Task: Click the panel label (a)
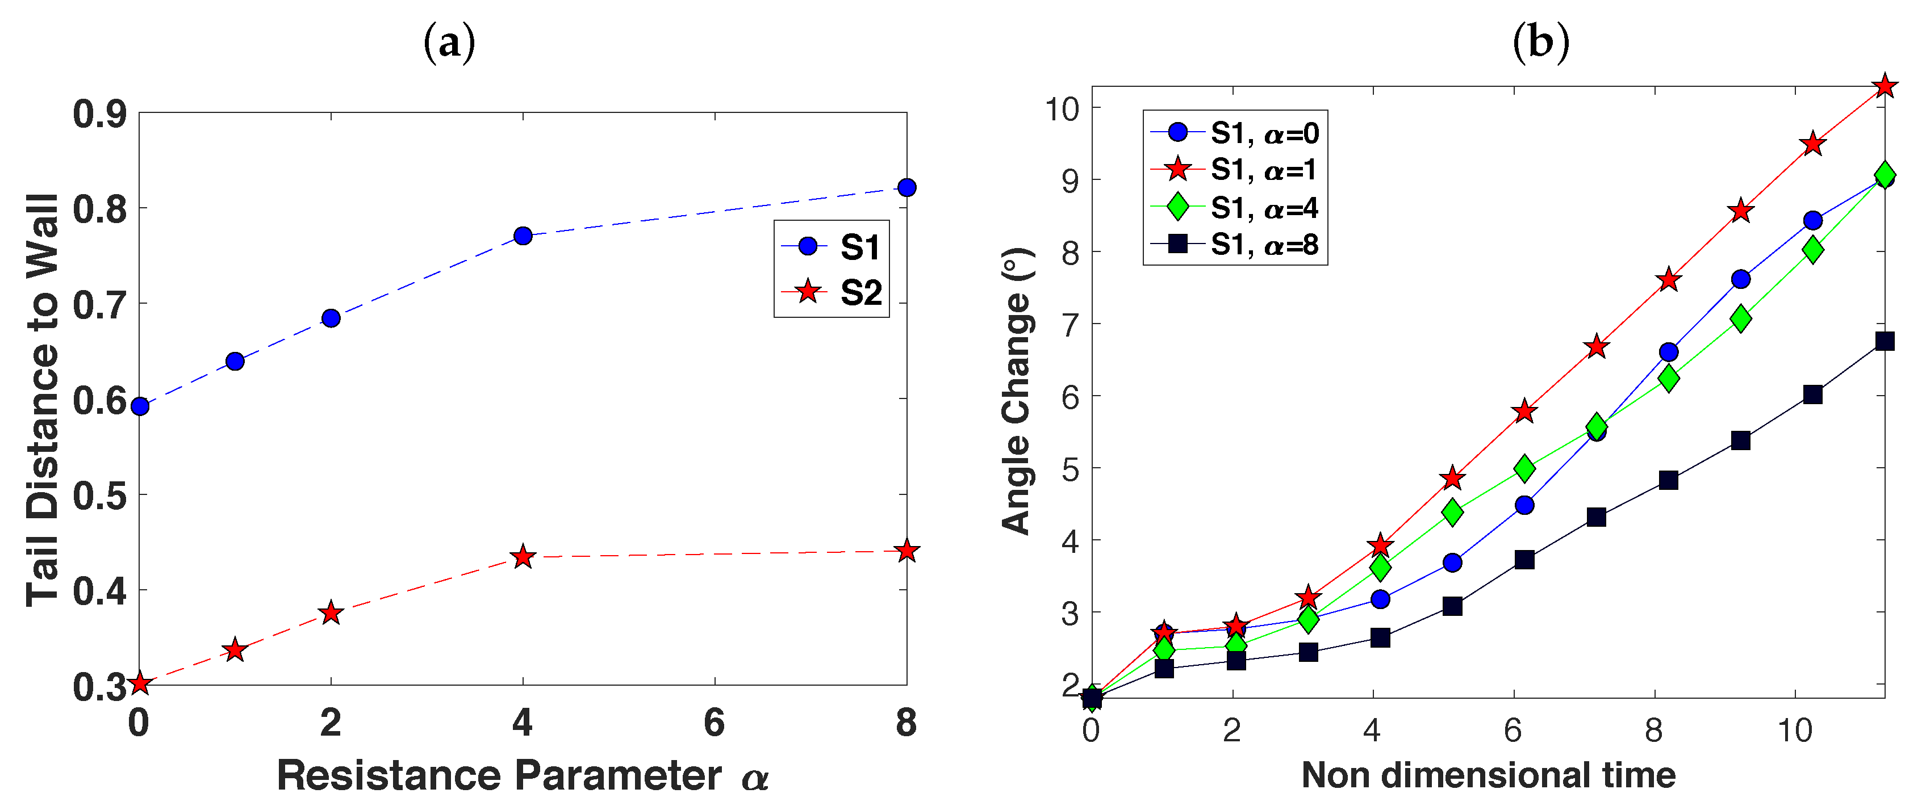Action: [449, 43]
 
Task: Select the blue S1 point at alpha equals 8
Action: [906, 187]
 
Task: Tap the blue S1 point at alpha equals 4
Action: [523, 236]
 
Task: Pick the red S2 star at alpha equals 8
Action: [906, 552]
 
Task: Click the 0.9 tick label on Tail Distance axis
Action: [99, 114]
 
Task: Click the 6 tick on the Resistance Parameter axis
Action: [714, 723]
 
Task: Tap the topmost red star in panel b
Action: [1884, 86]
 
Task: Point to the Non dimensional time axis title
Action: [1488, 775]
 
